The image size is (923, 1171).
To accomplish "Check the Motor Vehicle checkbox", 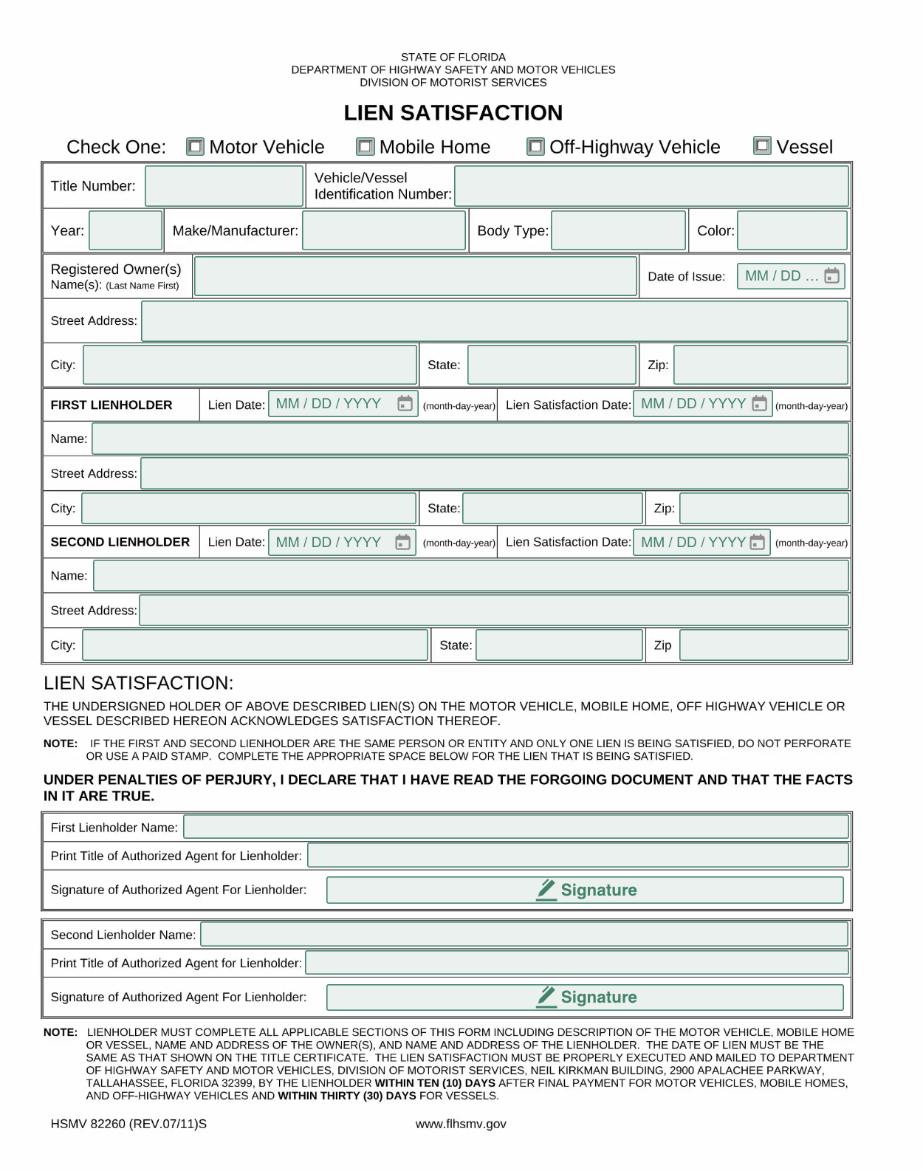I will [195, 147].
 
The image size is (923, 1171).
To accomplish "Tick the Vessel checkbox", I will [762, 146].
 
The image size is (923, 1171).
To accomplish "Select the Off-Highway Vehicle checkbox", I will [535, 147].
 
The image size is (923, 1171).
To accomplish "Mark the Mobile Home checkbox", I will [366, 147].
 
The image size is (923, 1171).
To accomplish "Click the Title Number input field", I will [224, 186].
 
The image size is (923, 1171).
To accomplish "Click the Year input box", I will [126, 230].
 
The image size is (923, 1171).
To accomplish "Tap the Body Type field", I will [618, 230].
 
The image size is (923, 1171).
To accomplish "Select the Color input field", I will [792, 230].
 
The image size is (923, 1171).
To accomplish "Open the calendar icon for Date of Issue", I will [831, 276].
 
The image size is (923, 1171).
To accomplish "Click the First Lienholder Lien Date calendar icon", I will [405, 404].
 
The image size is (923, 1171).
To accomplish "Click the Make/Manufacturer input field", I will [384, 230].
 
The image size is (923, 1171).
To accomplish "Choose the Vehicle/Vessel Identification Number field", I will [651, 186].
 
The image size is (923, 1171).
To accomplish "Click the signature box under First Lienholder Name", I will [585, 890].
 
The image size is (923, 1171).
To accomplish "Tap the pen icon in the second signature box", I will [546, 997].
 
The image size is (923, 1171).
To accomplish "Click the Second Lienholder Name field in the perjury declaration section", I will [524, 935].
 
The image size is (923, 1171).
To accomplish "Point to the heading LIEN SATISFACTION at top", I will [453, 113].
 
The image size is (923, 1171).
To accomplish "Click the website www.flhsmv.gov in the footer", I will [461, 1124].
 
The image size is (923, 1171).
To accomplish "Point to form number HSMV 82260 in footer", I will [128, 1124].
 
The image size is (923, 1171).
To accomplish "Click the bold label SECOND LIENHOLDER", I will [120, 542].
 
